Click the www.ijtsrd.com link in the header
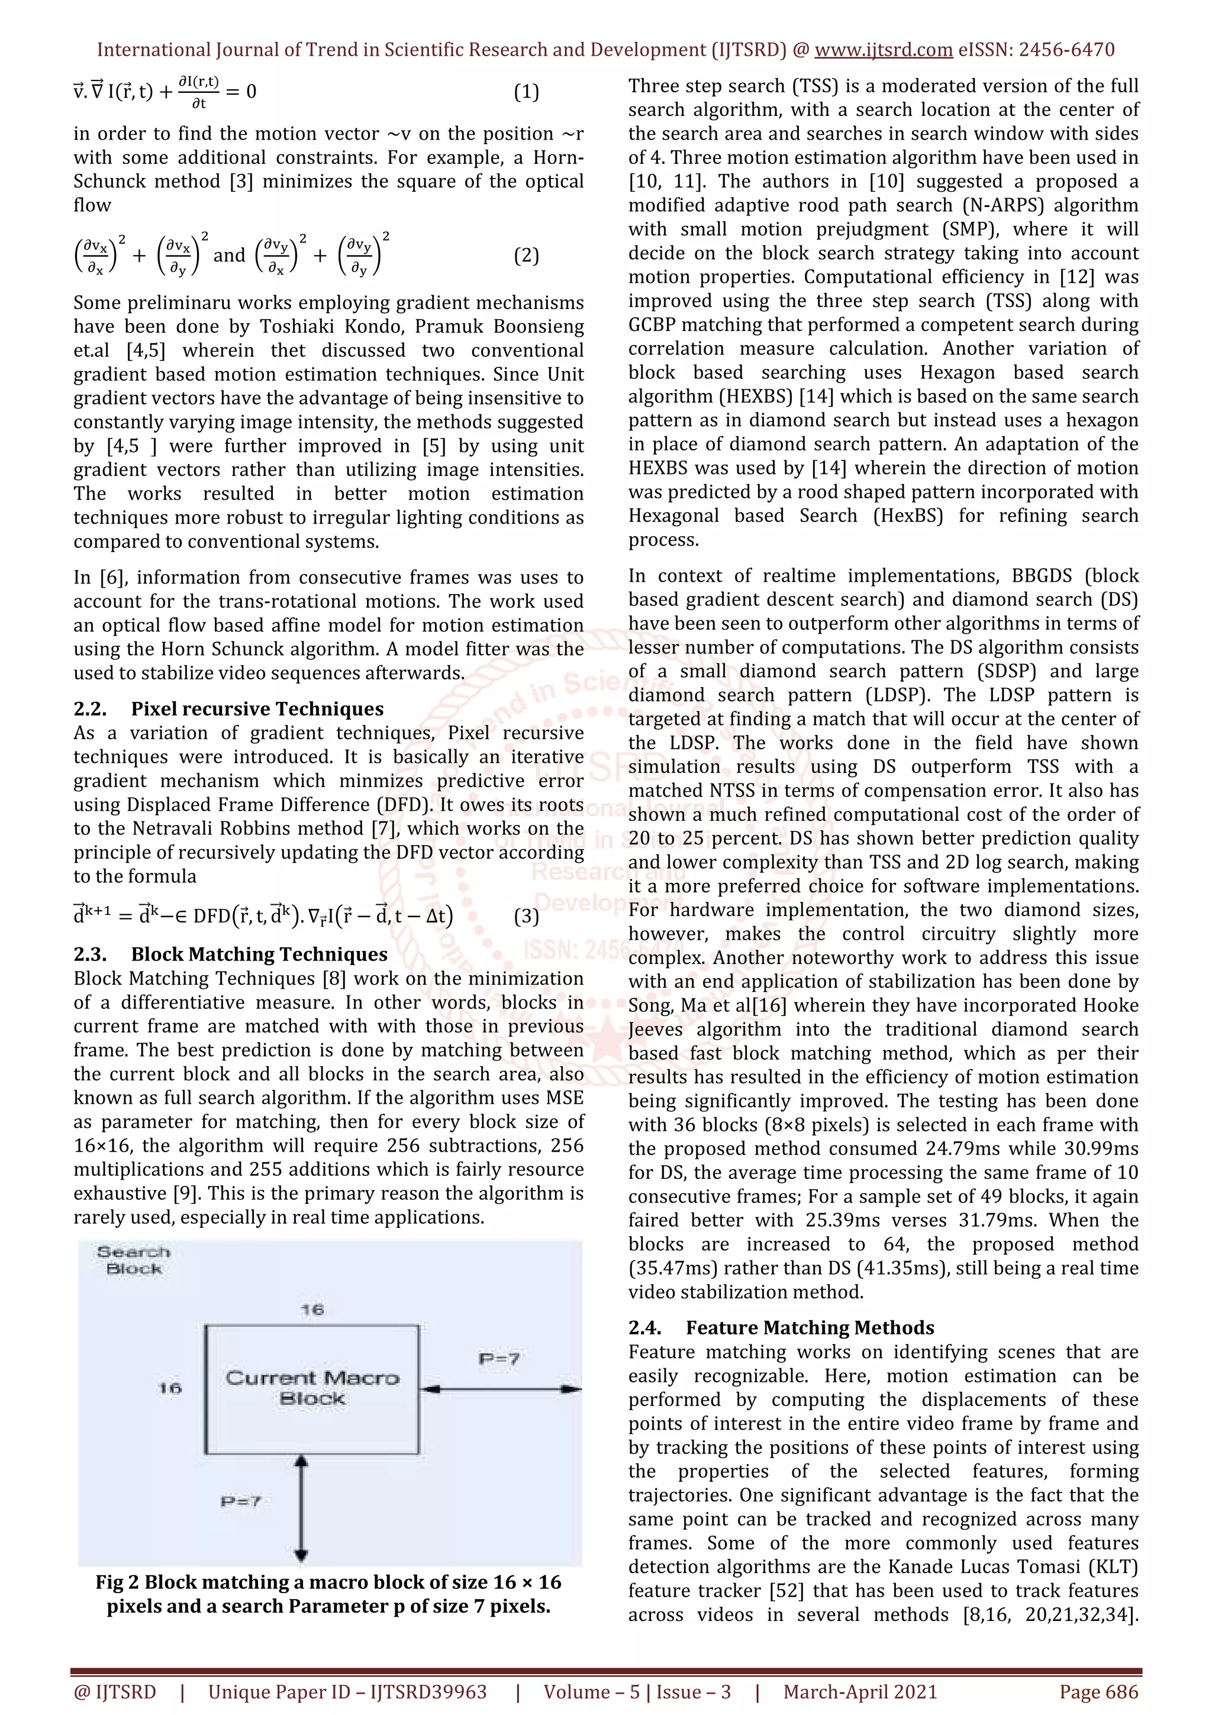pos(883,50)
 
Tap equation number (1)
pos(527,92)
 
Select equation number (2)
pos(527,256)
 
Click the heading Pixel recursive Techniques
pos(257,709)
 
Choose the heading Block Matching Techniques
pos(259,955)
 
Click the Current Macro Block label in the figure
pos(312,1388)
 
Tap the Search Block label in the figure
pos(134,1260)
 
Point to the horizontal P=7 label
pos(499,1359)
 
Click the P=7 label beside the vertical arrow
pos(240,1501)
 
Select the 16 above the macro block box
pos(312,1310)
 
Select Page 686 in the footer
pos(1098,1692)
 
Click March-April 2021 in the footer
pos(859,1692)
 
